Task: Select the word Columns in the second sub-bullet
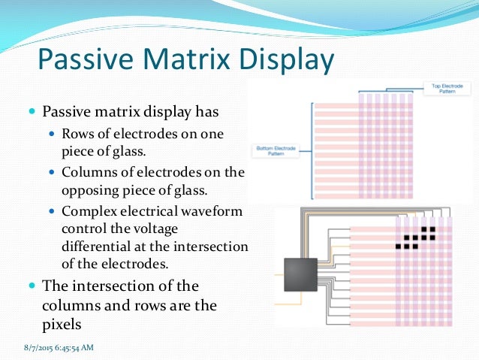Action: (89, 172)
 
